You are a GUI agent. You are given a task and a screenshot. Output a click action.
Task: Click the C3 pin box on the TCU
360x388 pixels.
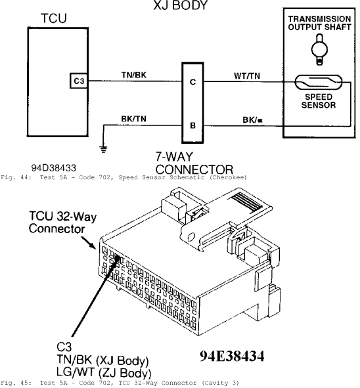point(78,81)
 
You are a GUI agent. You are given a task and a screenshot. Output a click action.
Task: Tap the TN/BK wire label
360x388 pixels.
point(134,75)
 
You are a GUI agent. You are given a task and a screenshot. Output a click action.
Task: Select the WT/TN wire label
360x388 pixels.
point(247,75)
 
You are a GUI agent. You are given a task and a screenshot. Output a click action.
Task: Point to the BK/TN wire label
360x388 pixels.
point(134,119)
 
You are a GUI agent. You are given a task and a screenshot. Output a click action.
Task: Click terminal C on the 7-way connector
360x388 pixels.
point(192,81)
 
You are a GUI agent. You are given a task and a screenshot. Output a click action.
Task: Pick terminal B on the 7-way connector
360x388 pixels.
point(192,125)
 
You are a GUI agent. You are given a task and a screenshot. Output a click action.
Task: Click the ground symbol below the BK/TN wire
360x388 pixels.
point(103,149)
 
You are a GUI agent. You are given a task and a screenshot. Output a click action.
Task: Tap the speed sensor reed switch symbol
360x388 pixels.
point(318,83)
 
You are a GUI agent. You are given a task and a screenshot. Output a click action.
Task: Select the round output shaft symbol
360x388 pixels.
point(320,49)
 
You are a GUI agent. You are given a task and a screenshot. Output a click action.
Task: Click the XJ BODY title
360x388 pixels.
point(180,5)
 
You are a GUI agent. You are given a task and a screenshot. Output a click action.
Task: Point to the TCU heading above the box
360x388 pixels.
point(54,18)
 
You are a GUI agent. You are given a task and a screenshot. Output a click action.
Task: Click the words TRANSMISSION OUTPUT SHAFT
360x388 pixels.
point(319,23)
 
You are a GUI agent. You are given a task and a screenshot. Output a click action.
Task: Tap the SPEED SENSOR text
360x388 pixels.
point(319,101)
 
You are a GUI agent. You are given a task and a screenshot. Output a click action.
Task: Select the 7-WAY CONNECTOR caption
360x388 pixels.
point(194,163)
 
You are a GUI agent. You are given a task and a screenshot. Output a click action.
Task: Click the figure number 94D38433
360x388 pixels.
point(53,168)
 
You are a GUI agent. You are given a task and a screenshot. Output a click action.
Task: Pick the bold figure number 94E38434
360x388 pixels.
point(232,356)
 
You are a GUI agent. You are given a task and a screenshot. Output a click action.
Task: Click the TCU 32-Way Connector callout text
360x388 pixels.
point(62,222)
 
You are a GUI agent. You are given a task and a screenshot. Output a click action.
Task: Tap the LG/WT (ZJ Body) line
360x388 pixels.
point(104,372)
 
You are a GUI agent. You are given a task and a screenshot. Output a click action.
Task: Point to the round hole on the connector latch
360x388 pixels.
point(191,236)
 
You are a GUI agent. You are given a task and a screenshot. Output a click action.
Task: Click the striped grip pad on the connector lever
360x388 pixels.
point(246,201)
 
